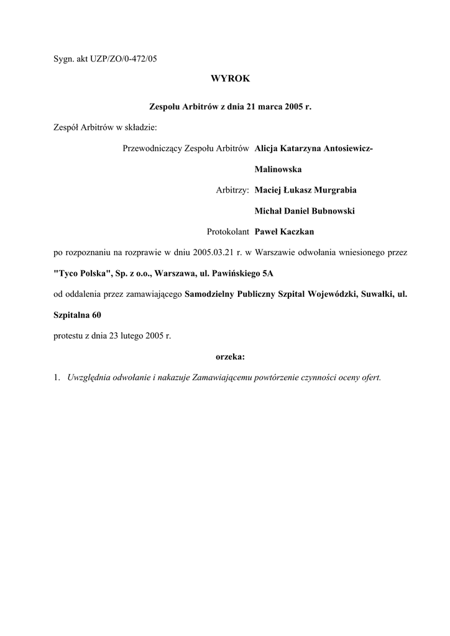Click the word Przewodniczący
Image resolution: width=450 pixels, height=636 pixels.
(153, 148)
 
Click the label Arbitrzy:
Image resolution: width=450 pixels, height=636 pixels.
(232, 190)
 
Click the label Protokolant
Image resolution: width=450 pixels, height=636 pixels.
(228, 232)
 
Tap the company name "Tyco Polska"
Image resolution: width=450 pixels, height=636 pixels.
(78, 273)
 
